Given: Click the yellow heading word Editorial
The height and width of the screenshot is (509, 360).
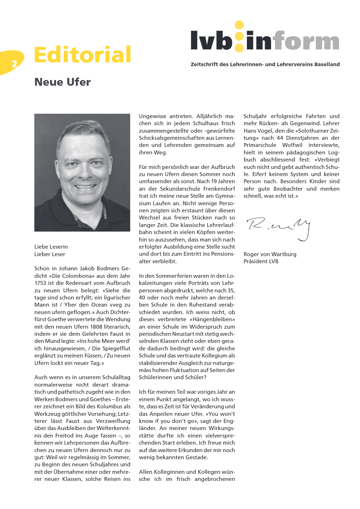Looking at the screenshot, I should point(83,55).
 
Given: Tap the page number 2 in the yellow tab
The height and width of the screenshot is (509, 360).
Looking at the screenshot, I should point(14,64).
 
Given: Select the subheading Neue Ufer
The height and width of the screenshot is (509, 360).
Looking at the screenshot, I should point(63,82).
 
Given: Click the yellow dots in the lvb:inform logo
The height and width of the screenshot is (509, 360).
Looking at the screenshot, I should point(239,36).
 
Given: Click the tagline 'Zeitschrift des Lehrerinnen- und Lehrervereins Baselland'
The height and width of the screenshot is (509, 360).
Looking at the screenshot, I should point(265,64).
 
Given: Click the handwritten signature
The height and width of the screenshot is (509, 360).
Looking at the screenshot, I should point(279,227).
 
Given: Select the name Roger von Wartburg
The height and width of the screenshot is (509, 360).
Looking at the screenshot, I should point(270,254).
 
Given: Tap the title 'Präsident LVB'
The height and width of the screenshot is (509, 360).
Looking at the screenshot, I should point(261,261).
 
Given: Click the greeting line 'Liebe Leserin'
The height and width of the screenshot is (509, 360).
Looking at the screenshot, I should point(51,247).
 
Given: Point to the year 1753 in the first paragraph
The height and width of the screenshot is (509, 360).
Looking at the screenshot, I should point(41,283).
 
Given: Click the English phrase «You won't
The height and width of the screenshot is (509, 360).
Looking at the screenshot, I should point(220,414).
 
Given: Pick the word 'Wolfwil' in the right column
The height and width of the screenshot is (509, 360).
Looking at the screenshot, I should point(292,145).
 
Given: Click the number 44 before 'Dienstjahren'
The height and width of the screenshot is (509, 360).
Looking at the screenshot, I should point(280,138).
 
